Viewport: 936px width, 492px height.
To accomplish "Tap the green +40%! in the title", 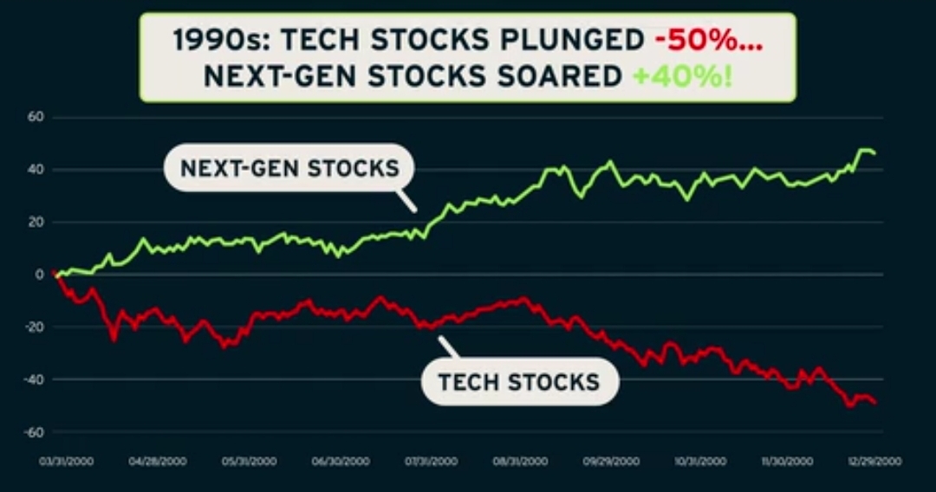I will click(x=682, y=75).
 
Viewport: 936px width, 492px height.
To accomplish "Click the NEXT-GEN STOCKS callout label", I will click(x=289, y=167).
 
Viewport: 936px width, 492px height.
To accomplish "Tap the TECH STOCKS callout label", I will click(x=519, y=381).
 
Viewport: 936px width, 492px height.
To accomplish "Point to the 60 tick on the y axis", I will click(x=36, y=117).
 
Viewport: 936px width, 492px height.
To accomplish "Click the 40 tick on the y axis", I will click(x=36, y=170).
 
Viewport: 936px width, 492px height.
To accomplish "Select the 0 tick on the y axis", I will click(x=39, y=275).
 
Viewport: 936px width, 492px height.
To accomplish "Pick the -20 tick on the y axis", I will click(x=34, y=327).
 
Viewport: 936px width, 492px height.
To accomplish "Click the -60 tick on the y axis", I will click(x=34, y=432).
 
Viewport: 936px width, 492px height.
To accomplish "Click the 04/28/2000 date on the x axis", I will click(x=157, y=463).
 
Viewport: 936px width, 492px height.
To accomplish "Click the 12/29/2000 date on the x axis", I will click(x=875, y=463).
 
